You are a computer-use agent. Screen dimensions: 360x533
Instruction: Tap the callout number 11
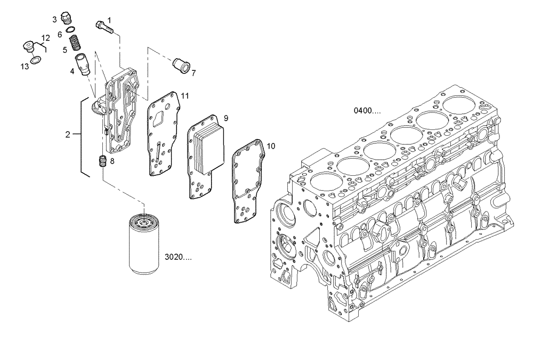[x=185, y=96]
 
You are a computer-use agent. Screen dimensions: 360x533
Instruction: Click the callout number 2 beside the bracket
[x=68, y=135]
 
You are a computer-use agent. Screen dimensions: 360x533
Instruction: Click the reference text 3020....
[x=178, y=257]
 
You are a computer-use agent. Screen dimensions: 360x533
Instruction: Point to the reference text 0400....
[x=367, y=111]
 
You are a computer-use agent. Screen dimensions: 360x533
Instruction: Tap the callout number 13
[x=25, y=66]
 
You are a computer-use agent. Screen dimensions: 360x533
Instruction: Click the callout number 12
[x=45, y=37]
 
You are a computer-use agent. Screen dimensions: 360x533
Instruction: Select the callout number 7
[x=193, y=73]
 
